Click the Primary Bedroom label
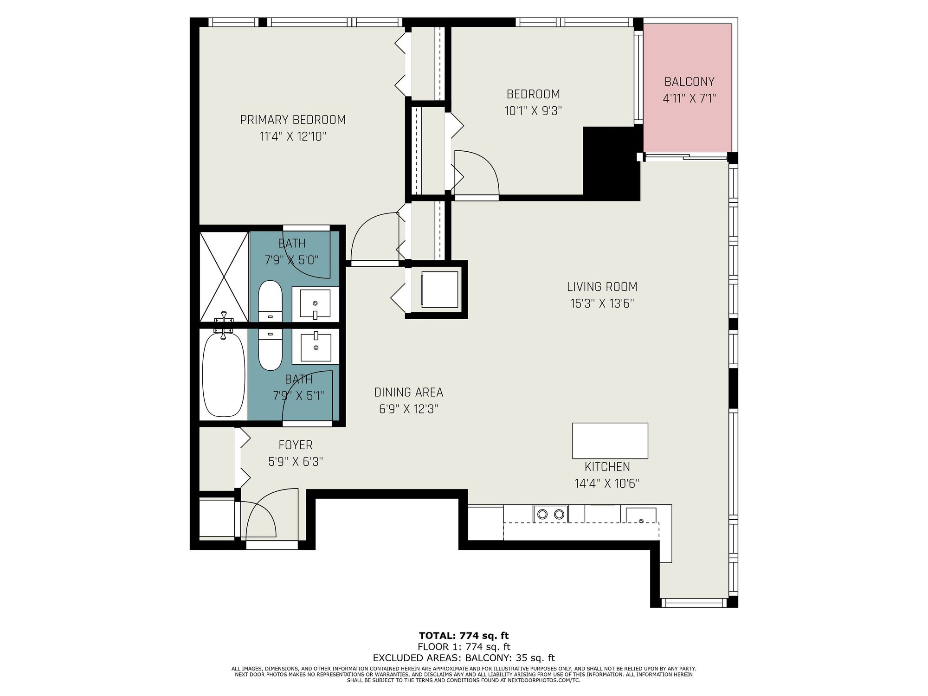point(293,120)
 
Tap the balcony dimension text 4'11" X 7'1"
point(690,98)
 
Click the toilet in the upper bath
point(270,301)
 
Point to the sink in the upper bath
point(315,304)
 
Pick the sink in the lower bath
point(316,346)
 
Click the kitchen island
point(610,441)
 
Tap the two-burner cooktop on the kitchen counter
point(551,514)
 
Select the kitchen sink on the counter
point(641,516)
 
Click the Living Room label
point(602,287)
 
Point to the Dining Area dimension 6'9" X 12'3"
point(409,409)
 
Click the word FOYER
point(296,445)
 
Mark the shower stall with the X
point(224,277)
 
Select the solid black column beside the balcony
point(612,163)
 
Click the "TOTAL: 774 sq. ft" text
point(464,636)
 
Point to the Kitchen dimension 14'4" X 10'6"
point(607,483)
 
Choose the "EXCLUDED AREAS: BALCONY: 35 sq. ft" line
point(464,658)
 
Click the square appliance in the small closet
point(439,289)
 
